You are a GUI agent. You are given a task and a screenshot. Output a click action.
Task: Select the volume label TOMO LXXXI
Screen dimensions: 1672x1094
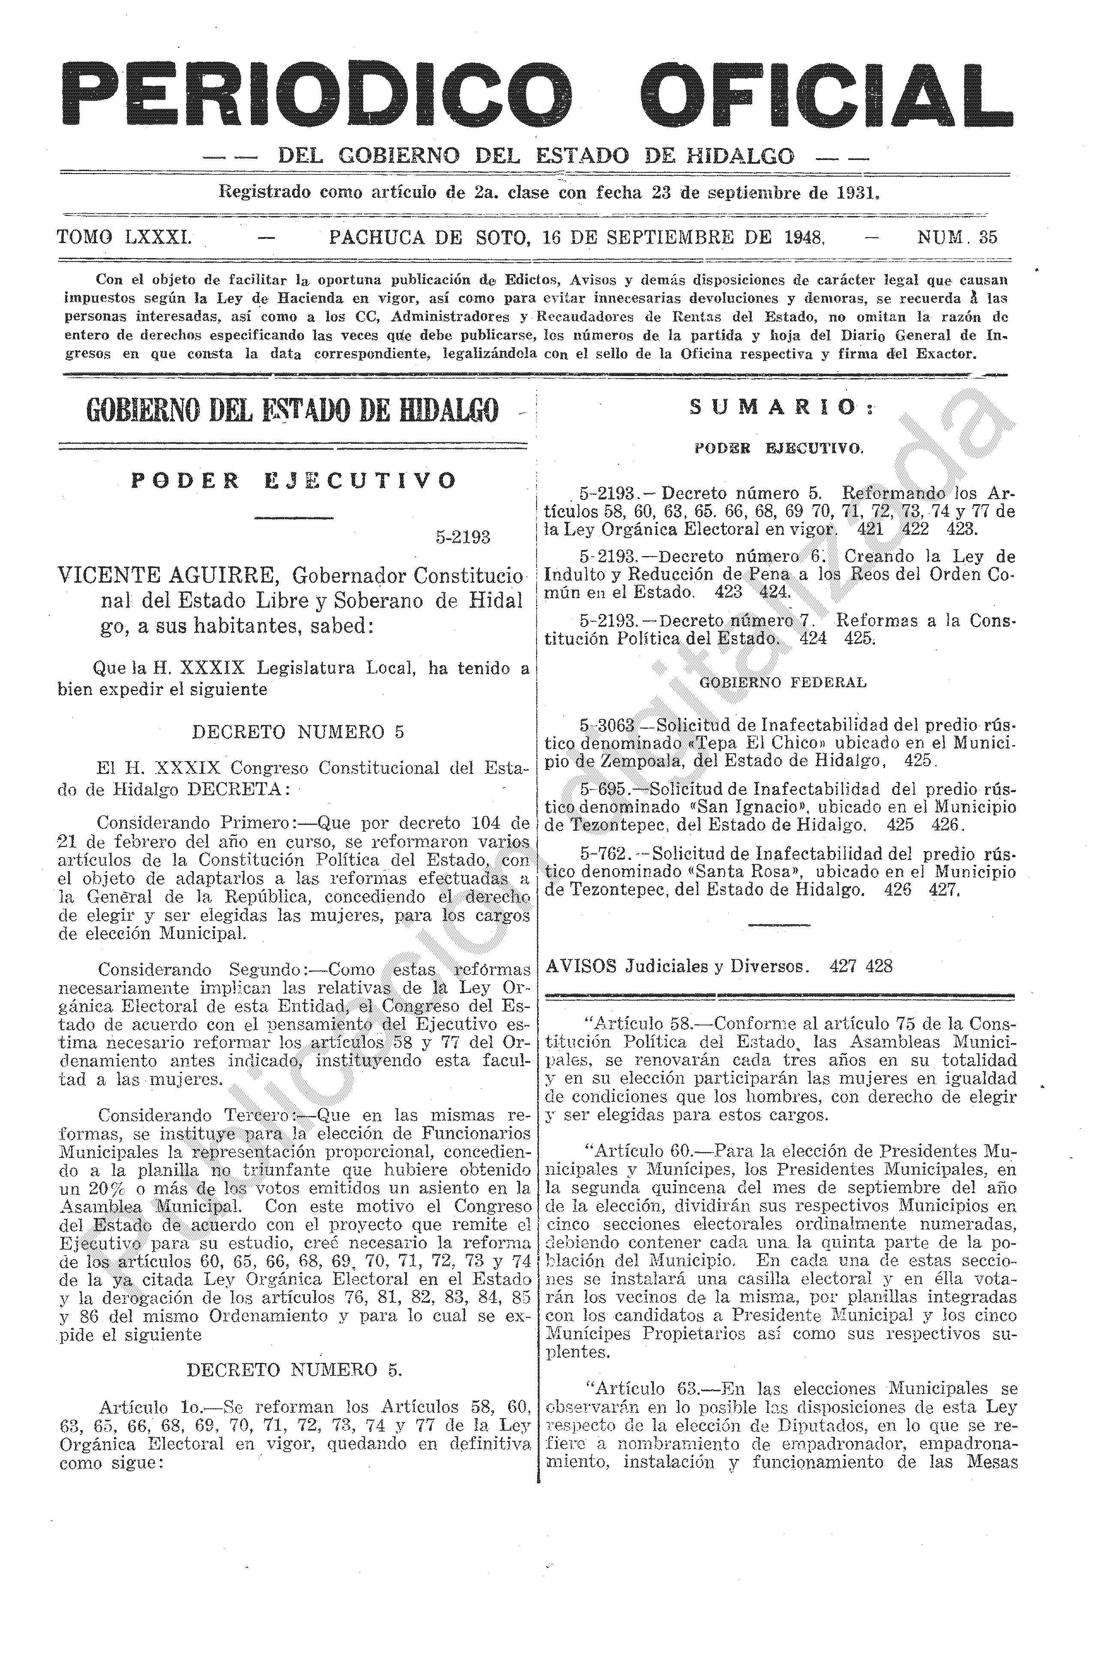click(x=124, y=238)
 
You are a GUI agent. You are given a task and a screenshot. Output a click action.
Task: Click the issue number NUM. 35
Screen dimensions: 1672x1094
click(x=957, y=238)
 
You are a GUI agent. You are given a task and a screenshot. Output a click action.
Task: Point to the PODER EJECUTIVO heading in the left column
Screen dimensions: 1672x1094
click(x=294, y=481)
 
